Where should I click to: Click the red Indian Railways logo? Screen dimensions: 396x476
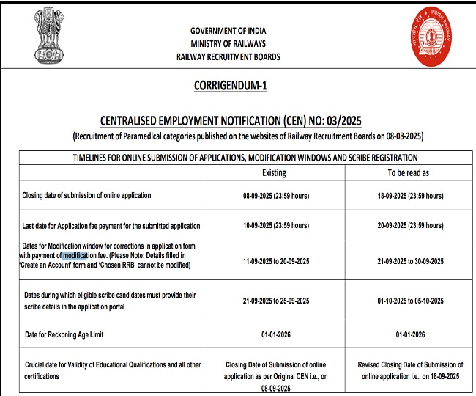pyautogui.click(x=431, y=35)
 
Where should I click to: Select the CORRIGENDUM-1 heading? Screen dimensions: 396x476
pyautogui.click(x=231, y=86)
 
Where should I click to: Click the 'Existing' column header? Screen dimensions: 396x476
pyautogui.click(x=274, y=172)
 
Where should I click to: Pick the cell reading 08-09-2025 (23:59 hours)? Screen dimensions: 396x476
pyautogui.click(x=274, y=196)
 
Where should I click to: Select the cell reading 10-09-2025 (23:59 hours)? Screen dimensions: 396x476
pyautogui.click(x=274, y=225)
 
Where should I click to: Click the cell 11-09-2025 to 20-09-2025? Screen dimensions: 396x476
pyautogui.click(x=274, y=260)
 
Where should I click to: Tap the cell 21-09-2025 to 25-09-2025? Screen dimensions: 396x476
pyautogui.click(x=274, y=301)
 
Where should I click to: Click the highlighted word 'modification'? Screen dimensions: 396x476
pyautogui.click(x=75, y=255)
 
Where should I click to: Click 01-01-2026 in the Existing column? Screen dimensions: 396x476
pyautogui.click(x=274, y=334)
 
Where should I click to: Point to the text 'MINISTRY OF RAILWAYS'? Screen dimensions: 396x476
pyautogui.click(x=228, y=43)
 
